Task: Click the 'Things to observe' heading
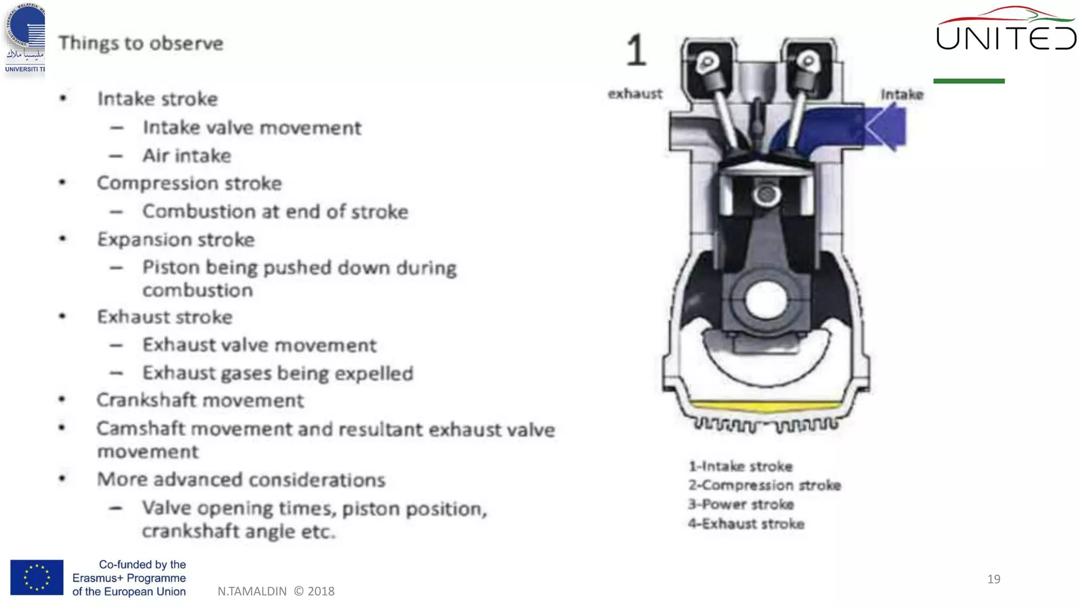141,43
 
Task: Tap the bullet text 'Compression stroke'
189,183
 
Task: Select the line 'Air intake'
187,156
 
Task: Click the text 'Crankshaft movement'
200,400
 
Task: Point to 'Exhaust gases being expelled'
278,374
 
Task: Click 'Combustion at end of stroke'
275,212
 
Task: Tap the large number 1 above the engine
636,51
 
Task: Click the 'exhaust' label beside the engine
635,94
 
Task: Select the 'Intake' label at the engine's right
902,95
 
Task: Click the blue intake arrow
885,127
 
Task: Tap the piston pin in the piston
766,195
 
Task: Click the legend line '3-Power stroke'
741,504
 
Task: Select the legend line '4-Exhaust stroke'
746,524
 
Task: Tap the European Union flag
37,577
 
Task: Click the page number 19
994,579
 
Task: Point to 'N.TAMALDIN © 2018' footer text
276,591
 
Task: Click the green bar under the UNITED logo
969,81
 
